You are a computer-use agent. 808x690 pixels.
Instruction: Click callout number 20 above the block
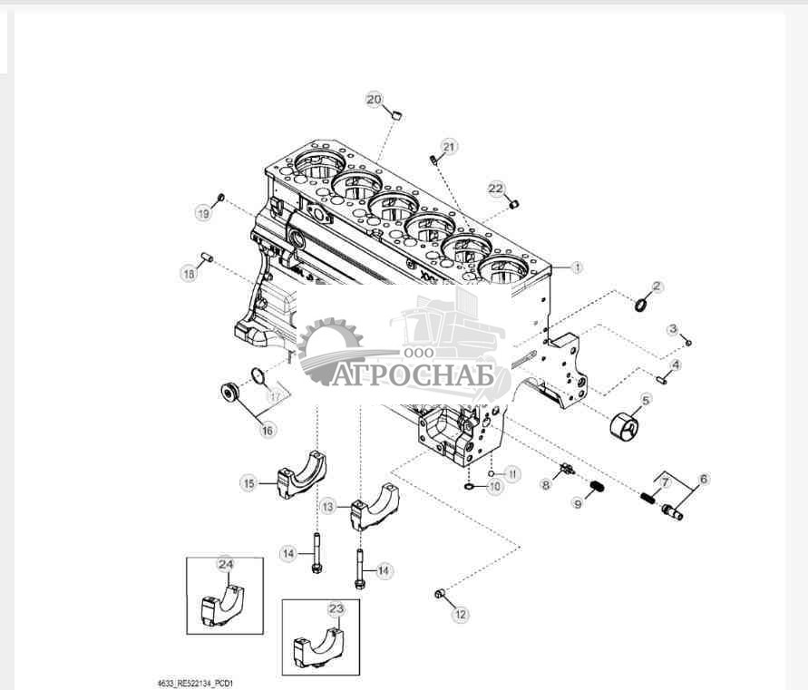375,99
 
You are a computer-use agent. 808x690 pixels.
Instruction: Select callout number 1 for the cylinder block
577,267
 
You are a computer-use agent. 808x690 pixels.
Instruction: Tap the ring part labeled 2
641,304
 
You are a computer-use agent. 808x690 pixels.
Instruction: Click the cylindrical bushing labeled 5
624,427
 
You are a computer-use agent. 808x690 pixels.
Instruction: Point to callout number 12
460,614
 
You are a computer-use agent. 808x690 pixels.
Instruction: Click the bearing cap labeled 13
375,508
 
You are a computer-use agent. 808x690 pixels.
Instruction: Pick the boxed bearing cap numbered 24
221,605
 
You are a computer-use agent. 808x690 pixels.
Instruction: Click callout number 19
204,213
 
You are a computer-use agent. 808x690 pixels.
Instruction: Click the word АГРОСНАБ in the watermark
413,374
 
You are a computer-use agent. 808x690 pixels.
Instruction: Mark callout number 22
496,189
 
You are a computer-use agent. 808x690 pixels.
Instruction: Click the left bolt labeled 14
316,553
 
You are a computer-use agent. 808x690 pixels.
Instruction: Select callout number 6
704,480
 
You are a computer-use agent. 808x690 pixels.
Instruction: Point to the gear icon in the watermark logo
328,350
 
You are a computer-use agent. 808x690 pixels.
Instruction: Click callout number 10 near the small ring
495,486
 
